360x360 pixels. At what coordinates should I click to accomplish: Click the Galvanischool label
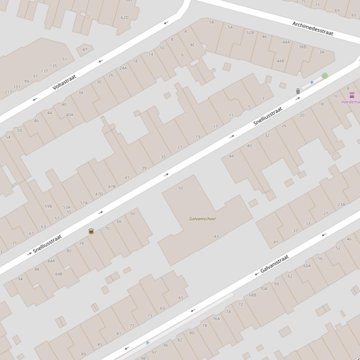point(202,219)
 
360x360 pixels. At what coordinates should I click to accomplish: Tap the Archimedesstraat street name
point(312,28)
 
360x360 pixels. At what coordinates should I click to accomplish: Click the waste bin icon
point(298,91)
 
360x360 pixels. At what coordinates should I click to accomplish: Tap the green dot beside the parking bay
point(324,76)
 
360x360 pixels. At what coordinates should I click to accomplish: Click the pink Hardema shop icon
point(352,95)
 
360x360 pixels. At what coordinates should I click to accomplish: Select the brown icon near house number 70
point(91,231)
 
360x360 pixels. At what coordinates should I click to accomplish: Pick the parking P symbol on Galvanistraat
point(147,343)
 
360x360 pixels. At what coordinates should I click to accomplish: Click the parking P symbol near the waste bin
point(312,83)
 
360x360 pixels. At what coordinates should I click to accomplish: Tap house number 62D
point(125,18)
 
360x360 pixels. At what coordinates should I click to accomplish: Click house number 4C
point(192,45)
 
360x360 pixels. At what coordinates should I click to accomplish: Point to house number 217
point(8,92)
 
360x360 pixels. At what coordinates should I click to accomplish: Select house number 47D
point(99,194)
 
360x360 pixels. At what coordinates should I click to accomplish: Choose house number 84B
point(59,274)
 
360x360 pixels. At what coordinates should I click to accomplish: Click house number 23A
point(341,204)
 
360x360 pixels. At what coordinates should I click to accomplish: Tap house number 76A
point(216,319)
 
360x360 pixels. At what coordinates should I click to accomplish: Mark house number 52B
point(250,33)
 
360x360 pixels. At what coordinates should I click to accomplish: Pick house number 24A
point(123,68)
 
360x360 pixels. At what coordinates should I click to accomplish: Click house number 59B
point(48,206)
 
